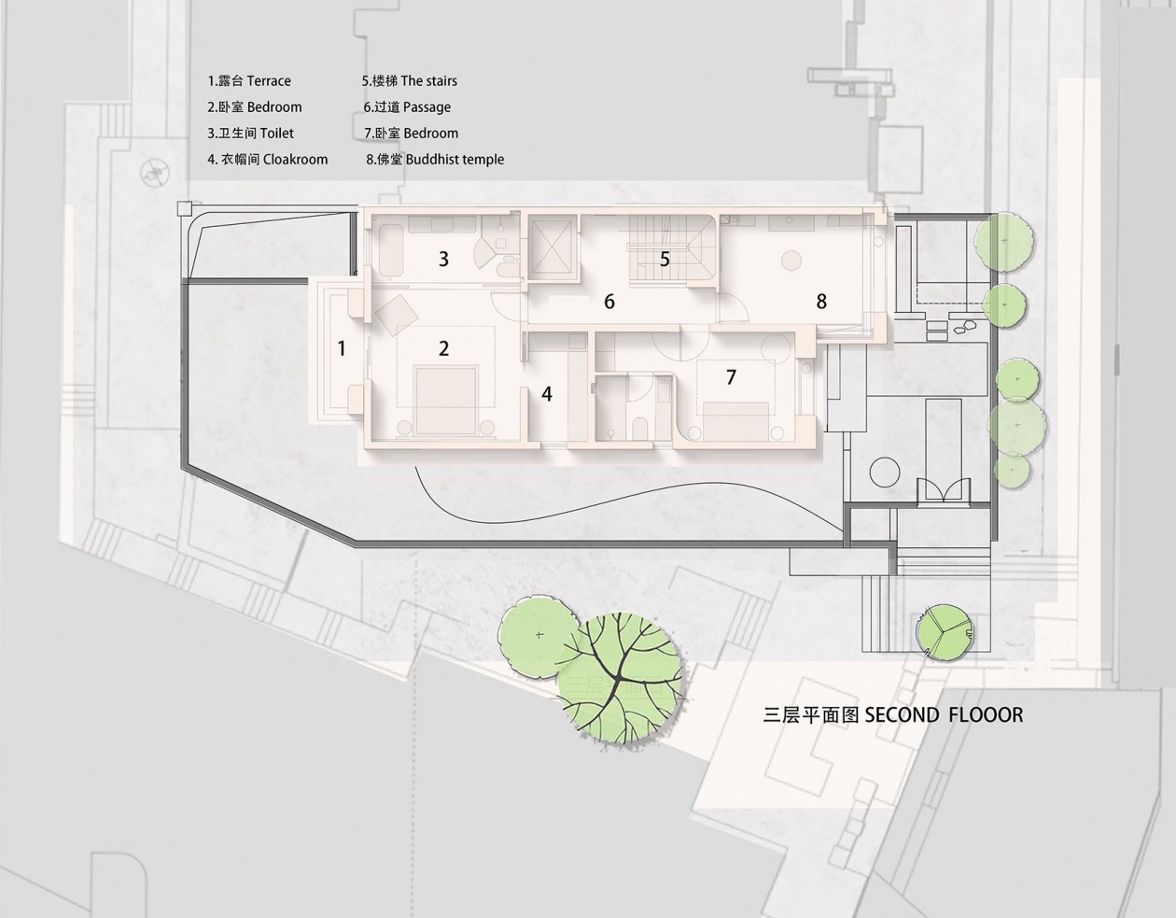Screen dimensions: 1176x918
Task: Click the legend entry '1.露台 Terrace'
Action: [249, 81]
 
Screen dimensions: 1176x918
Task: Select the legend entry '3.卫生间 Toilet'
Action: [250, 134]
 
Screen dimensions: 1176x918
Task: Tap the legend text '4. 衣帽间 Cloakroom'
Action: [268, 159]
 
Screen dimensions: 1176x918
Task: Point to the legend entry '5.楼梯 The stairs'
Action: [410, 81]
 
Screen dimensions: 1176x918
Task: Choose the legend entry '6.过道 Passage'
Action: [407, 107]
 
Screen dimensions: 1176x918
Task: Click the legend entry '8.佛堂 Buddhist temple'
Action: [435, 159]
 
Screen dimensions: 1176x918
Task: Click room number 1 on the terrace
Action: [342, 348]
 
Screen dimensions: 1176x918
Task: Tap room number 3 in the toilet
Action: [443, 259]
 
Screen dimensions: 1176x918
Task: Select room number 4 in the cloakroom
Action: [547, 394]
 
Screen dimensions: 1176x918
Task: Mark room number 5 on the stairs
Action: [665, 259]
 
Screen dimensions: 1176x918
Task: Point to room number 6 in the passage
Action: [609, 302]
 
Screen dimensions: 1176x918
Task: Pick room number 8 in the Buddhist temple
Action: [821, 302]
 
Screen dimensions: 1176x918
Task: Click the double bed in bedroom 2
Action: [446, 401]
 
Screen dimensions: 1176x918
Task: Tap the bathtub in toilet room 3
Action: [391, 251]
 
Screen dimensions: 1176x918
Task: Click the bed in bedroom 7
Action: [736, 421]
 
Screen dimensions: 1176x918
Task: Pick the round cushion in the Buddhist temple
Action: [791, 261]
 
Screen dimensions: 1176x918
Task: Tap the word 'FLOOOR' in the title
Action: [986, 714]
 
